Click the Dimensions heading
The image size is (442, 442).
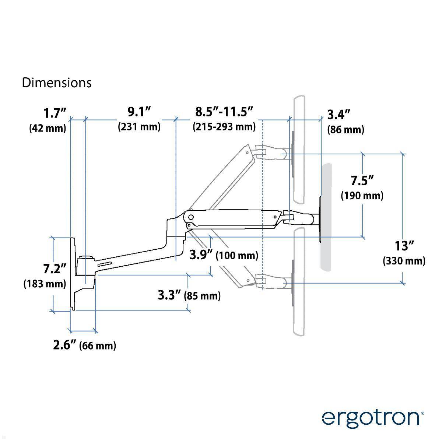(57, 83)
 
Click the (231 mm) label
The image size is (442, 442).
(139, 127)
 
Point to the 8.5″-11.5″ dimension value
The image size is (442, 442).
(224, 112)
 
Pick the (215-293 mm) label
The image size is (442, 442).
(224, 127)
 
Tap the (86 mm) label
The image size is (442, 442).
(345, 130)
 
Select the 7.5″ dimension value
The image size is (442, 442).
(362, 181)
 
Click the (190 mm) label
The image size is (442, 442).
(362, 196)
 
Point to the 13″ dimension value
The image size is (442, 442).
(404, 246)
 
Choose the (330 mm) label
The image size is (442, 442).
(404, 261)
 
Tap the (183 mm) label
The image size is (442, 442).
(45, 284)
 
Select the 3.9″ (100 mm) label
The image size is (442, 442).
(224, 255)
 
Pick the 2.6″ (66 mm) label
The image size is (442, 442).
(85, 345)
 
